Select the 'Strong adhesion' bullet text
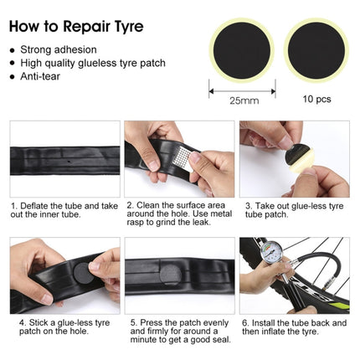click(59, 49)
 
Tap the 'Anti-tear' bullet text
click(41, 77)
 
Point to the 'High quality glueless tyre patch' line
click(92, 63)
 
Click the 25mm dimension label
click(244, 100)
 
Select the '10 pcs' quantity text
click(317, 99)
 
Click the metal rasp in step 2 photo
click(178, 156)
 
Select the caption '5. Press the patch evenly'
click(178, 330)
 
